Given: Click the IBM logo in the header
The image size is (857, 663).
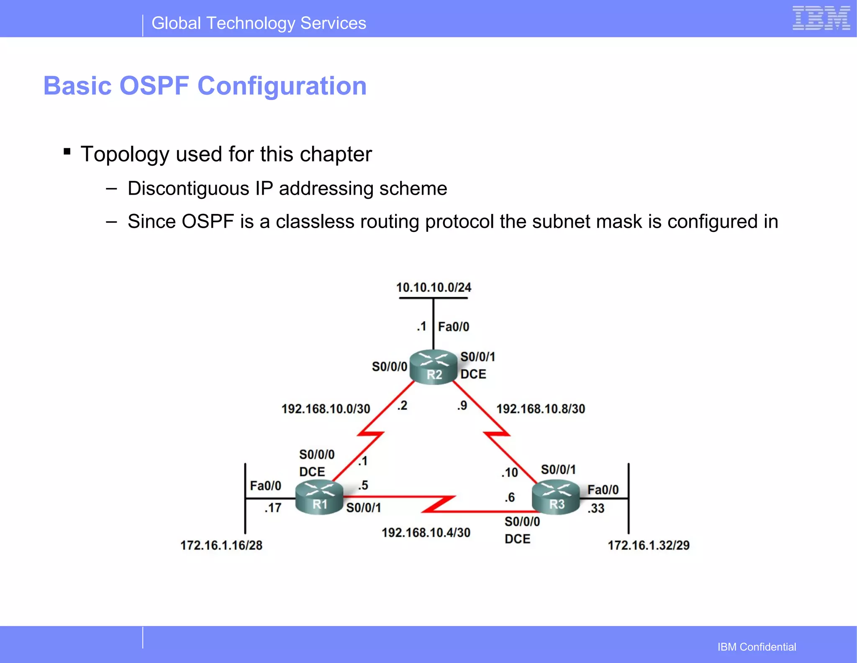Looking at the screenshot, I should pyautogui.click(x=821, y=18).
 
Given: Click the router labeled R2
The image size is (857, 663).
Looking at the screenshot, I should pyautogui.click(x=434, y=367).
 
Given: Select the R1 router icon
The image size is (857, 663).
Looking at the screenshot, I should pyautogui.click(x=319, y=497).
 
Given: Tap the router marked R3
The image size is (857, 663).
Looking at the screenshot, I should pyautogui.click(x=556, y=497).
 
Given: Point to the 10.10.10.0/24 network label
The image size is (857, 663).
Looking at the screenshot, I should pyautogui.click(x=434, y=288).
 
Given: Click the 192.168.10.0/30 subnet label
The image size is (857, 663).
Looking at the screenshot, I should pyautogui.click(x=326, y=409).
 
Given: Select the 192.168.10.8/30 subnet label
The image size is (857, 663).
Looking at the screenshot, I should pyautogui.click(x=541, y=409).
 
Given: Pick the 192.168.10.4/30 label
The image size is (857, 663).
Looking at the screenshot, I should pyautogui.click(x=426, y=532).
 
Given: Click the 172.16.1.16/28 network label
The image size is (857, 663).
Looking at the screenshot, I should pyautogui.click(x=221, y=545).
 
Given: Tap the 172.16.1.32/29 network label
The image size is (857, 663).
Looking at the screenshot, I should pyautogui.click(x=649, y=545).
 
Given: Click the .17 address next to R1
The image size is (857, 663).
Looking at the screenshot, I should pyautogui.click(x=273, y=508).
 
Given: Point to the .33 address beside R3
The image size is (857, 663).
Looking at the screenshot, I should pyautogui.click(x=596, y=508).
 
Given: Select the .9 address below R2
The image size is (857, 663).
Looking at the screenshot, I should pyautogui.click(x=462, y=406).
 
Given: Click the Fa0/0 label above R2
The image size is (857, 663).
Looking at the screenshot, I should pyautogui.click(x=454, y=326).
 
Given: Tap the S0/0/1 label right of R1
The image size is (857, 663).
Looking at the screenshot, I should pyautogui.click(x=364, y=508).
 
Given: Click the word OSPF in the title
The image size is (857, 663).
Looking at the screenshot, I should pyautogui.click(x=154, y=86).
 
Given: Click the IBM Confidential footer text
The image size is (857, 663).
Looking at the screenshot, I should pyautogui.click(x=757, y=647).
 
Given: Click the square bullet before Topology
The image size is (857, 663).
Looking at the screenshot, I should pyautogui.click(x=67, y=151).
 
